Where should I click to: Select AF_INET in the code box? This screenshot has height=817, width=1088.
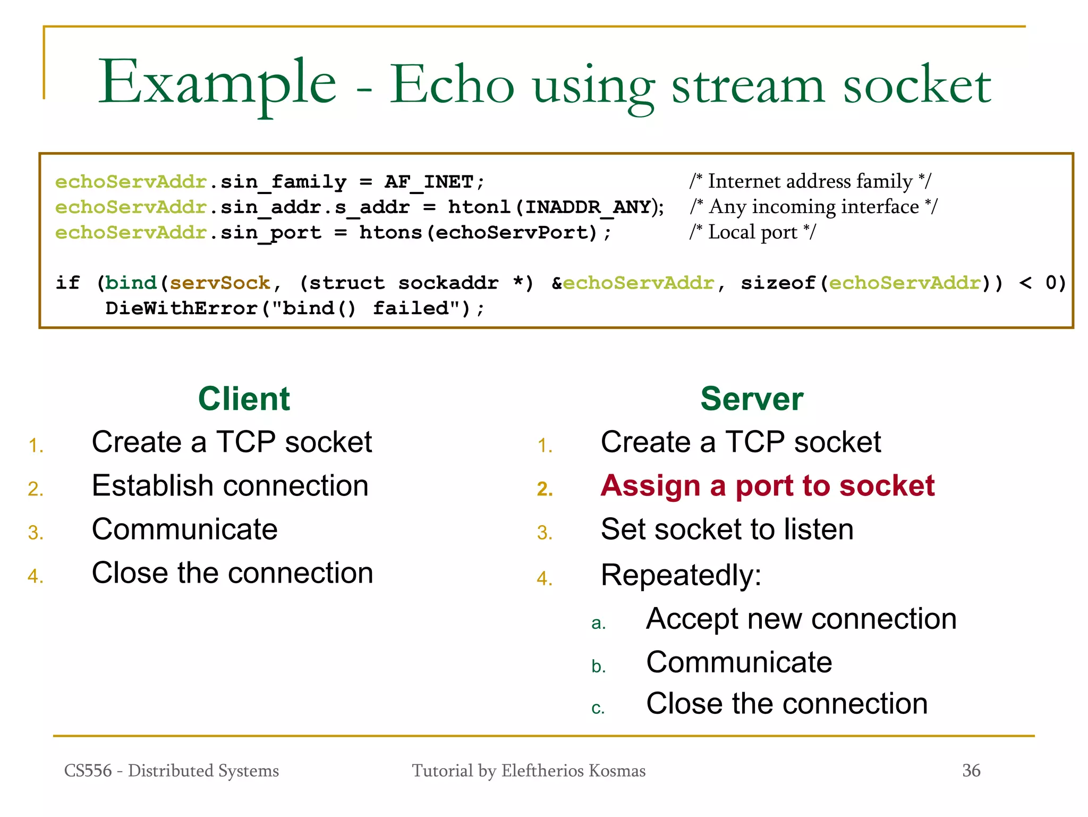tap(428, 182)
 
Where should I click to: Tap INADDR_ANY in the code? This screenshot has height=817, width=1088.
tap(588, 207)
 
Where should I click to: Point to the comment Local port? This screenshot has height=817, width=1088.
tap(753, 232)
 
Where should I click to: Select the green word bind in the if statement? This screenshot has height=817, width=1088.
tap(131, 283)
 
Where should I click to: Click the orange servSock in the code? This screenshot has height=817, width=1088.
tap(219, 283)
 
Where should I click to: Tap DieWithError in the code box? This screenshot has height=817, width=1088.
tap(182, 308)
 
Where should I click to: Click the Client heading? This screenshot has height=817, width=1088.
tap(244, 399)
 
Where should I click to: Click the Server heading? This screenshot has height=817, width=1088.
tap(751, 399)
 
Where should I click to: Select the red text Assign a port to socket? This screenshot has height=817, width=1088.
tap(767, 486)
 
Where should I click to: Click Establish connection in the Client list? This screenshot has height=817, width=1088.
tap(230, 486)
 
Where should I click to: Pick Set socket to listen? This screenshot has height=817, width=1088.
tap(727, 529)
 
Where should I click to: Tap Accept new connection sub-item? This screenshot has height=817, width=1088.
tap(801, 619)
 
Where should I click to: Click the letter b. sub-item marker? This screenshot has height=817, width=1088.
tap(598, 667)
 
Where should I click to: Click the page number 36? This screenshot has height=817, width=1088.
tap(971, 771)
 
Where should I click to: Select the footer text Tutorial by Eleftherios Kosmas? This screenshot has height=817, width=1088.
tap(529, 771)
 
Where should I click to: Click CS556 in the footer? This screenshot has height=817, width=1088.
tap(88, 771)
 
